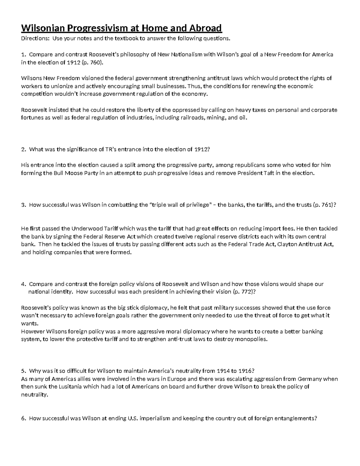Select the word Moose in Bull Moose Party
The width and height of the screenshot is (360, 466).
pos(74,173)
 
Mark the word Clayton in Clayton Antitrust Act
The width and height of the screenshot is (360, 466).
pos(287,244)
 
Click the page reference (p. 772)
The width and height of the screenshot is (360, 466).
pos(244,292)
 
